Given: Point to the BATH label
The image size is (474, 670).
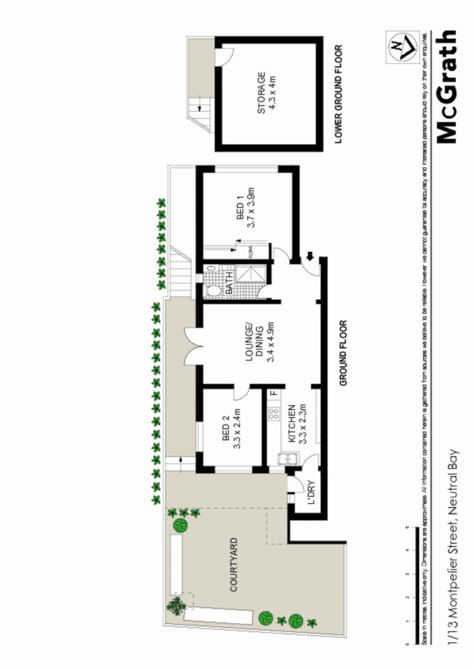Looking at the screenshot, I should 228,281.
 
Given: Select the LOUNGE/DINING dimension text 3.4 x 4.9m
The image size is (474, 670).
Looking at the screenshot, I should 272,342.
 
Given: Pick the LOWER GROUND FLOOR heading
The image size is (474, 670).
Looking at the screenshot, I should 338,95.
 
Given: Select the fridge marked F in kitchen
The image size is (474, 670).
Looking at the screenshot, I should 273,395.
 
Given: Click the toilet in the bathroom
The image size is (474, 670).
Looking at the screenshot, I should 213,289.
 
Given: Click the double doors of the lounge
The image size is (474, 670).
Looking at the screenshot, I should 191,346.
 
